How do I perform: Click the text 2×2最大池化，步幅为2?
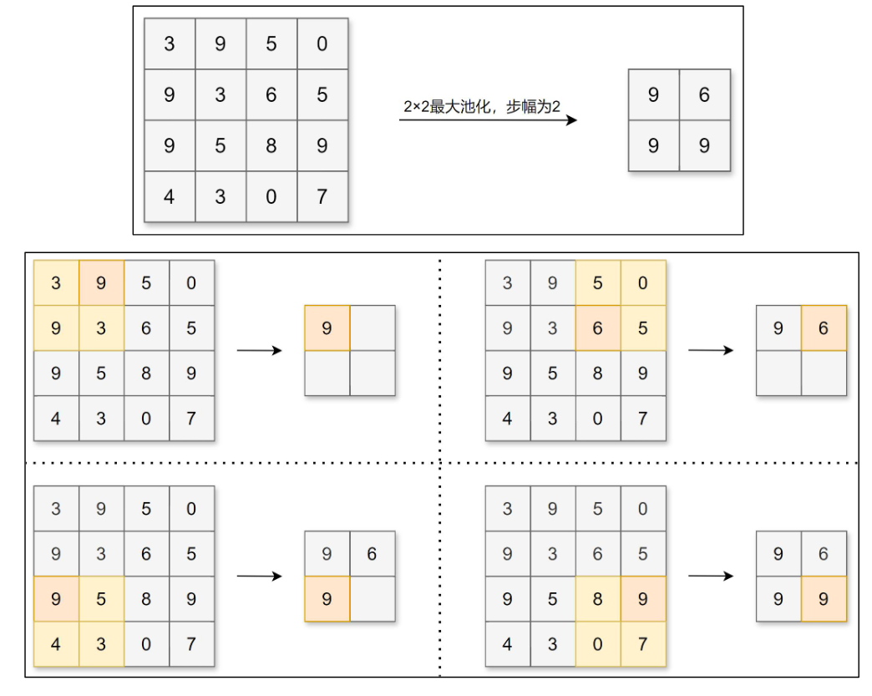pos(482,108)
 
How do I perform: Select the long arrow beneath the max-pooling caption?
pos(488,120)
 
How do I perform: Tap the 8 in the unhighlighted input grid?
pos(271,146)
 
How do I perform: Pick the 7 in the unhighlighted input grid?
pos(322,197)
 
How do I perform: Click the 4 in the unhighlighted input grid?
pos(170,197)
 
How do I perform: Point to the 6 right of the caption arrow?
pos(704,95)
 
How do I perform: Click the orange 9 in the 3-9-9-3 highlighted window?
pos(101,283)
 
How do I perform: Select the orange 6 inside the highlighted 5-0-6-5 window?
pos(597,328)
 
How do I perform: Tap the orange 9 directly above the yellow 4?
pos(56,599)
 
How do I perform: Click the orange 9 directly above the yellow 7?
pos(642,599)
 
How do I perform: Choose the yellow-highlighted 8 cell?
pos(597,599)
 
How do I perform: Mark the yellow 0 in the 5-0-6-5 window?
pos(642,283)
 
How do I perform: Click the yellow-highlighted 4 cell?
pos(56,644)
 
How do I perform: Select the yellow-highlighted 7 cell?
pos(642,644)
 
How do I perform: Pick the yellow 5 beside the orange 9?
pos(101,599)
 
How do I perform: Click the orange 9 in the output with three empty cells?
pos(327,328)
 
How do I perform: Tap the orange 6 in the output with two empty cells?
pos(824,328)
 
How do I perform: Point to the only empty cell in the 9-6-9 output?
pos(372,599)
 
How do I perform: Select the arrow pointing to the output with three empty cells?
pos(259,350)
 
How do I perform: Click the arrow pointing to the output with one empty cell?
pos(259,576)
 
